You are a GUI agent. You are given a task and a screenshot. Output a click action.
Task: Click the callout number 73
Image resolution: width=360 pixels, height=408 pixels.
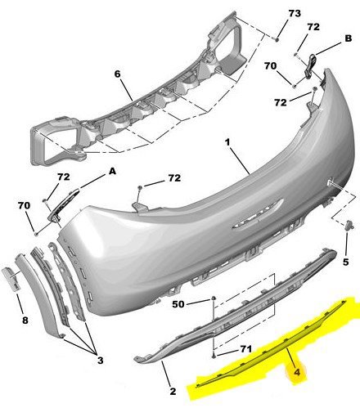tap(295, 13)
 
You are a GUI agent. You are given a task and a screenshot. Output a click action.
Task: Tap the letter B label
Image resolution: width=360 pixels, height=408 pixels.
tap(349, 38)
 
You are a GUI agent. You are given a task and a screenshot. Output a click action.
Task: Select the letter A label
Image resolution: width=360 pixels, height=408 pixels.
tap(112, 171)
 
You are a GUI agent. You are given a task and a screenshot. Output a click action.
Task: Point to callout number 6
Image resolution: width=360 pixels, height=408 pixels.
tap(117, 74)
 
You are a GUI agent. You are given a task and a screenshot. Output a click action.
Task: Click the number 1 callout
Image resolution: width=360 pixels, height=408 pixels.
tap(227, 142)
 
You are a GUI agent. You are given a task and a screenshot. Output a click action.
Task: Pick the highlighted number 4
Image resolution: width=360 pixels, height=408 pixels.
tap(297, 372)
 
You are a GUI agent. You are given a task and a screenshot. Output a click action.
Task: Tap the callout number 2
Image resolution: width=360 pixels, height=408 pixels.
tap(173, 392)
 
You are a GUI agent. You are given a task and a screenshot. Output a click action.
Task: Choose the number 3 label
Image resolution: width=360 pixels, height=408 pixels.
tap(101, 361)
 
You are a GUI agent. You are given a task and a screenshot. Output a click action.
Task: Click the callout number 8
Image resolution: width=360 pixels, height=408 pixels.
tap(25, 321)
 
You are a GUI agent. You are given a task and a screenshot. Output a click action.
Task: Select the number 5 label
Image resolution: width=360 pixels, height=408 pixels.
tap(345, 262)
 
